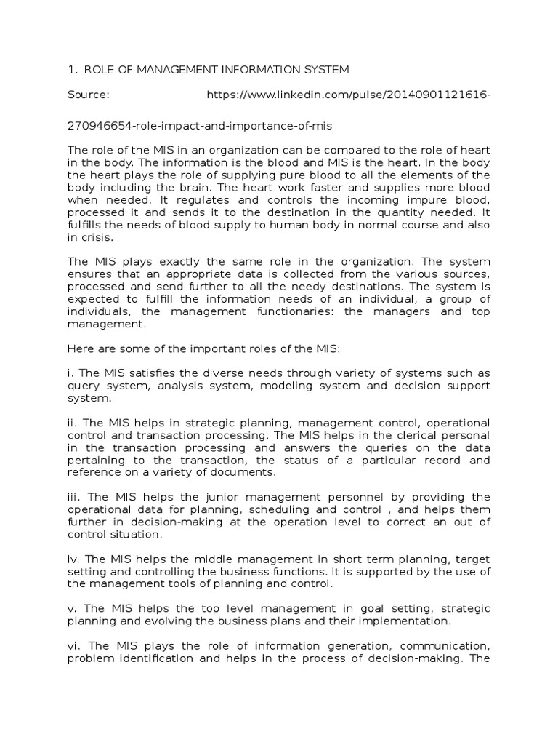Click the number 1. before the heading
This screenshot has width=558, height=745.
pyautogui.click(x=71, y=70)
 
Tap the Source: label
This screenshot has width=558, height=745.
pyautogui.click(x=88, y=95)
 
